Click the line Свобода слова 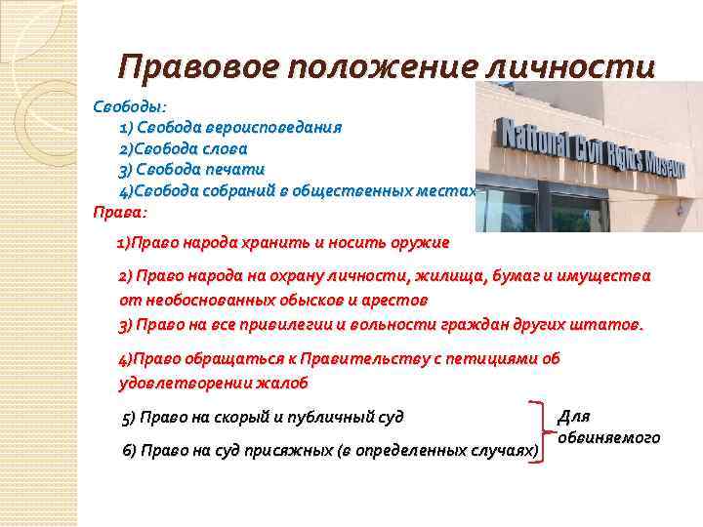pyautogui.click(x=183, y=148)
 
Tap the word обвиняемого pyautogui.click(x=608, y=438)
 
